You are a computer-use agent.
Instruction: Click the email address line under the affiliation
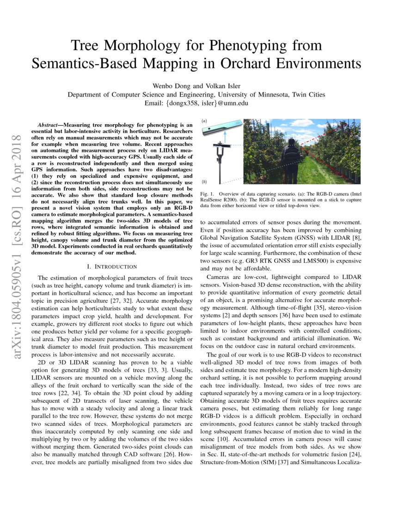point(196,103)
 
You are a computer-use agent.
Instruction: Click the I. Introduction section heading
point(112,266)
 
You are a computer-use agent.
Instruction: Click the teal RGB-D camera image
point(221,126)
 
